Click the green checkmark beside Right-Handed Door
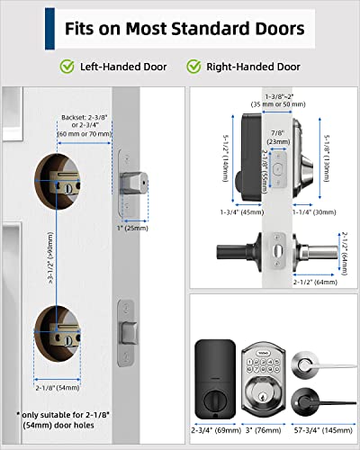tap(193, 66)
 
